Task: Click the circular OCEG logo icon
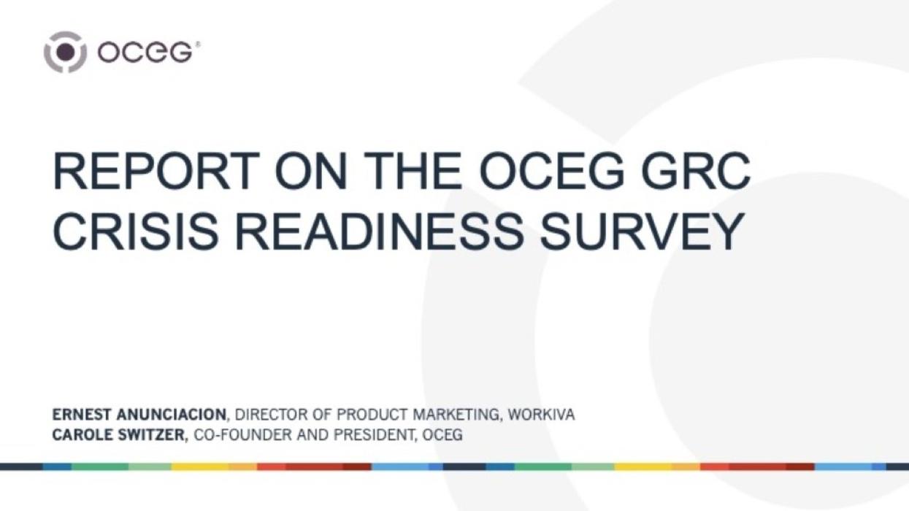point(65,52)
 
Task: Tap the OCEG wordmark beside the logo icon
point(146,53)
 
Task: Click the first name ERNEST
point(82,415)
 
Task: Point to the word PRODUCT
point(372,415)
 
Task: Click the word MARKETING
point(456,415)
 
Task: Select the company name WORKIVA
point(541,415)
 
